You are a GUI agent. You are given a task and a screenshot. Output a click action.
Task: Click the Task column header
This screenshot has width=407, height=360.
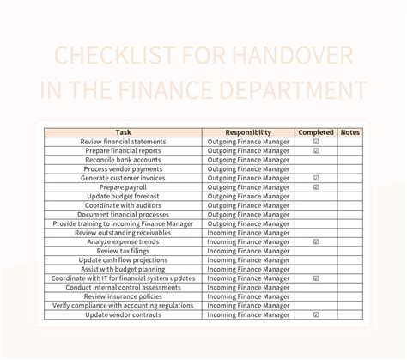(123, 132)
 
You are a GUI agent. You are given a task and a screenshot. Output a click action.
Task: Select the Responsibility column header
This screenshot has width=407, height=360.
(248, 132)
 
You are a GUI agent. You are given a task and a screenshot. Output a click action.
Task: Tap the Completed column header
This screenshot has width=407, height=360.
(316, 132)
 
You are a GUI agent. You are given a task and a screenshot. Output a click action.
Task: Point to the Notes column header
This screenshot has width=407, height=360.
(350, 132)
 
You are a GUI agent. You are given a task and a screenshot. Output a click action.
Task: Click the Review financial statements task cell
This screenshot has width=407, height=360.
(123, 142)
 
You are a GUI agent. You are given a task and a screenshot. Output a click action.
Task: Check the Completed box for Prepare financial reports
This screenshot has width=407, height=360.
(316, 150)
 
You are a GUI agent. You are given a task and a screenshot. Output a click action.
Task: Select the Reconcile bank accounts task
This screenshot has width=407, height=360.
(123, 160)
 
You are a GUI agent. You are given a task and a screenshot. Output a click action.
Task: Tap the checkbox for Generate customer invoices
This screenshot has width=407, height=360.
(316, 178)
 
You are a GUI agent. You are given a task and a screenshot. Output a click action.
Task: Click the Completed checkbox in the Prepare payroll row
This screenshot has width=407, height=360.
(316, 187)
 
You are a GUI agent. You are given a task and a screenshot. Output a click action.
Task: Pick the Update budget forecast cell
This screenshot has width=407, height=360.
(123, 196)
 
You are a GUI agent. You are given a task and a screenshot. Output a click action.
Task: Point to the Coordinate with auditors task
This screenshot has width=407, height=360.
(123, 205)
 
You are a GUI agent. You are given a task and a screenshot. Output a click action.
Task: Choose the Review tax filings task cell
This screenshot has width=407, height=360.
(123, 251)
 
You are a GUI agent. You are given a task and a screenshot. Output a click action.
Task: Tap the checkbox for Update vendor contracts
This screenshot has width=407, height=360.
(316, 315)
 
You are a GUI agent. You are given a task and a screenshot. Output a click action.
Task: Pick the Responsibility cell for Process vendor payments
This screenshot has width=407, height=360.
(248, 169)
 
